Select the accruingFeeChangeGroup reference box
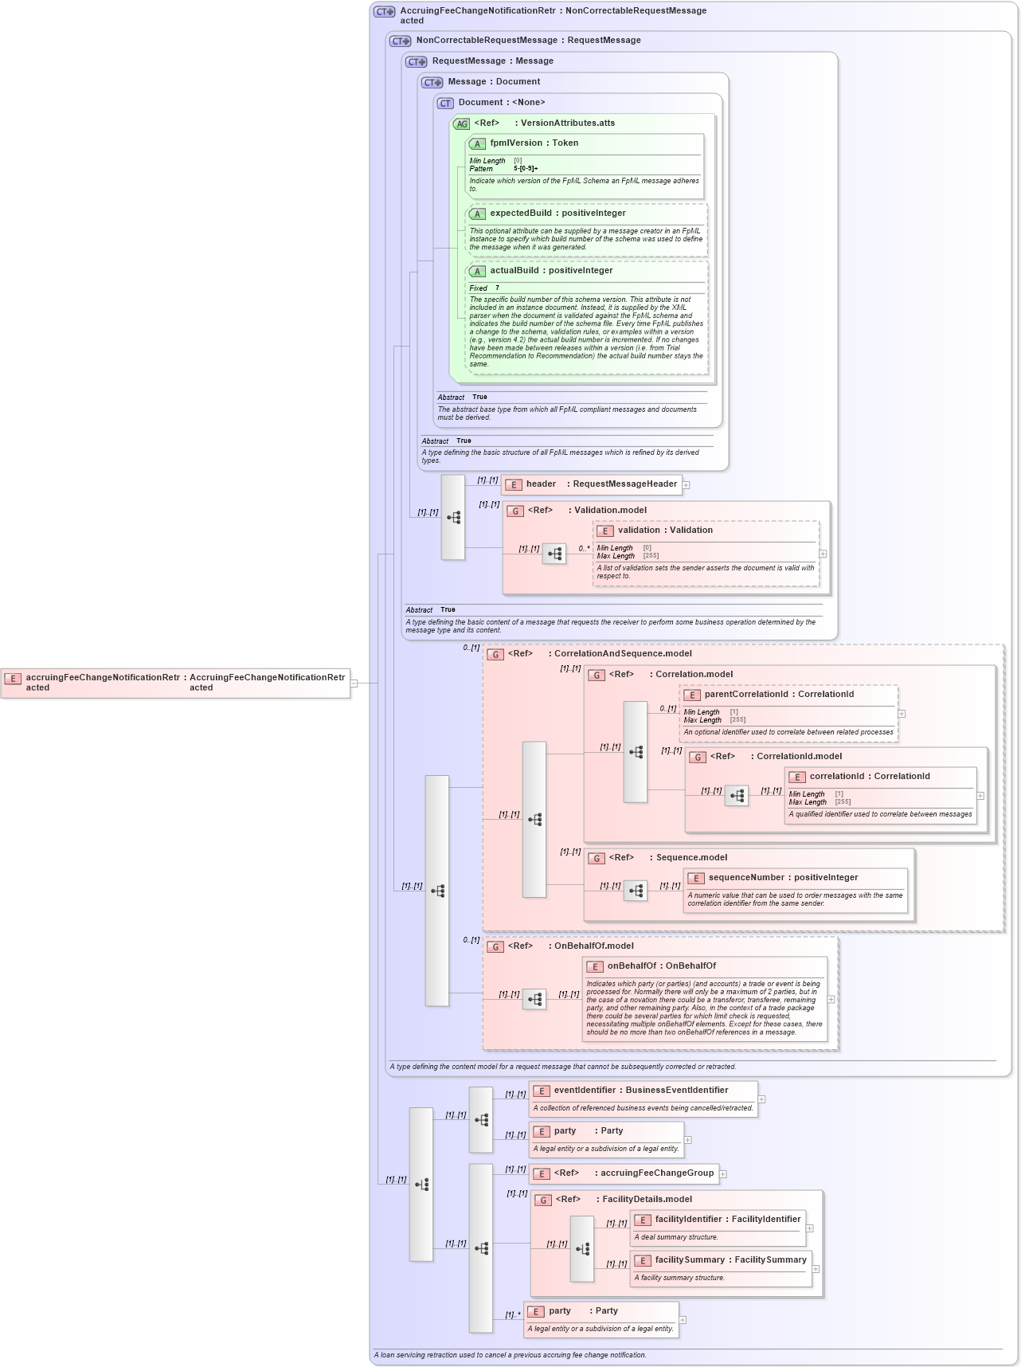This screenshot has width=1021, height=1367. (625, 1173)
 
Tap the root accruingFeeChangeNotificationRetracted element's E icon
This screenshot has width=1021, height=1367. (13, 679)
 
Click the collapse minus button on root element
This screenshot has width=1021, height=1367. (354, 683)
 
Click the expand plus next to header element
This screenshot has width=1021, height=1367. (686, 485)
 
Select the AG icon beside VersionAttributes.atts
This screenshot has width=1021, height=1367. (461, 124)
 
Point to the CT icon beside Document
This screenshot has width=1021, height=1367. (445, 104)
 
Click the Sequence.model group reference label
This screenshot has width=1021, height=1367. (691, 858)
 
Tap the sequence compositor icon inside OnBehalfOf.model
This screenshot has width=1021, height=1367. (534, 999)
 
